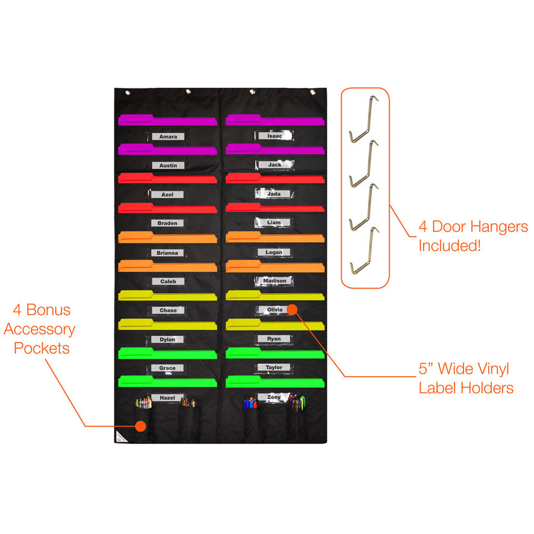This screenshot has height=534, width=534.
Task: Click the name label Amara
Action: click(x=168, y=136)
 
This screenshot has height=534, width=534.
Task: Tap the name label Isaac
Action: click(x=275, y=136)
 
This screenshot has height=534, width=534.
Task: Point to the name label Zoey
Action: click(x=274, y=396)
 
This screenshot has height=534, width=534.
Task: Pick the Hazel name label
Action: click(x=167, y=396)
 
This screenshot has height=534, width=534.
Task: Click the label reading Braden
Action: click(x=168, y=223)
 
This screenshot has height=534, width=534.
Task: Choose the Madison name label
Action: click(x=275, y=281)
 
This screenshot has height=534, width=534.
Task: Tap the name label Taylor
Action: click(x=274, y=367)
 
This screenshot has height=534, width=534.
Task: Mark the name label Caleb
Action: click(x=168, y=281)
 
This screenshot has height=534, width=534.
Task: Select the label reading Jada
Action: click(x=274, y=193)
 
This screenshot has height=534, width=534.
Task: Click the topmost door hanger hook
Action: click(x=363, y=119)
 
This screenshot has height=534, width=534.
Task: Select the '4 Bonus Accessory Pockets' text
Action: click(x=43, y=329)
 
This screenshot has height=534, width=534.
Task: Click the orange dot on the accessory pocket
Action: click(x=141, y=425)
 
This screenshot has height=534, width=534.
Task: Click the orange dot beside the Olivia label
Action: click(x=291, y=309)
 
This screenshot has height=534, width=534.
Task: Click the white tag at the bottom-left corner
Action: click(x=120, y=437)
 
